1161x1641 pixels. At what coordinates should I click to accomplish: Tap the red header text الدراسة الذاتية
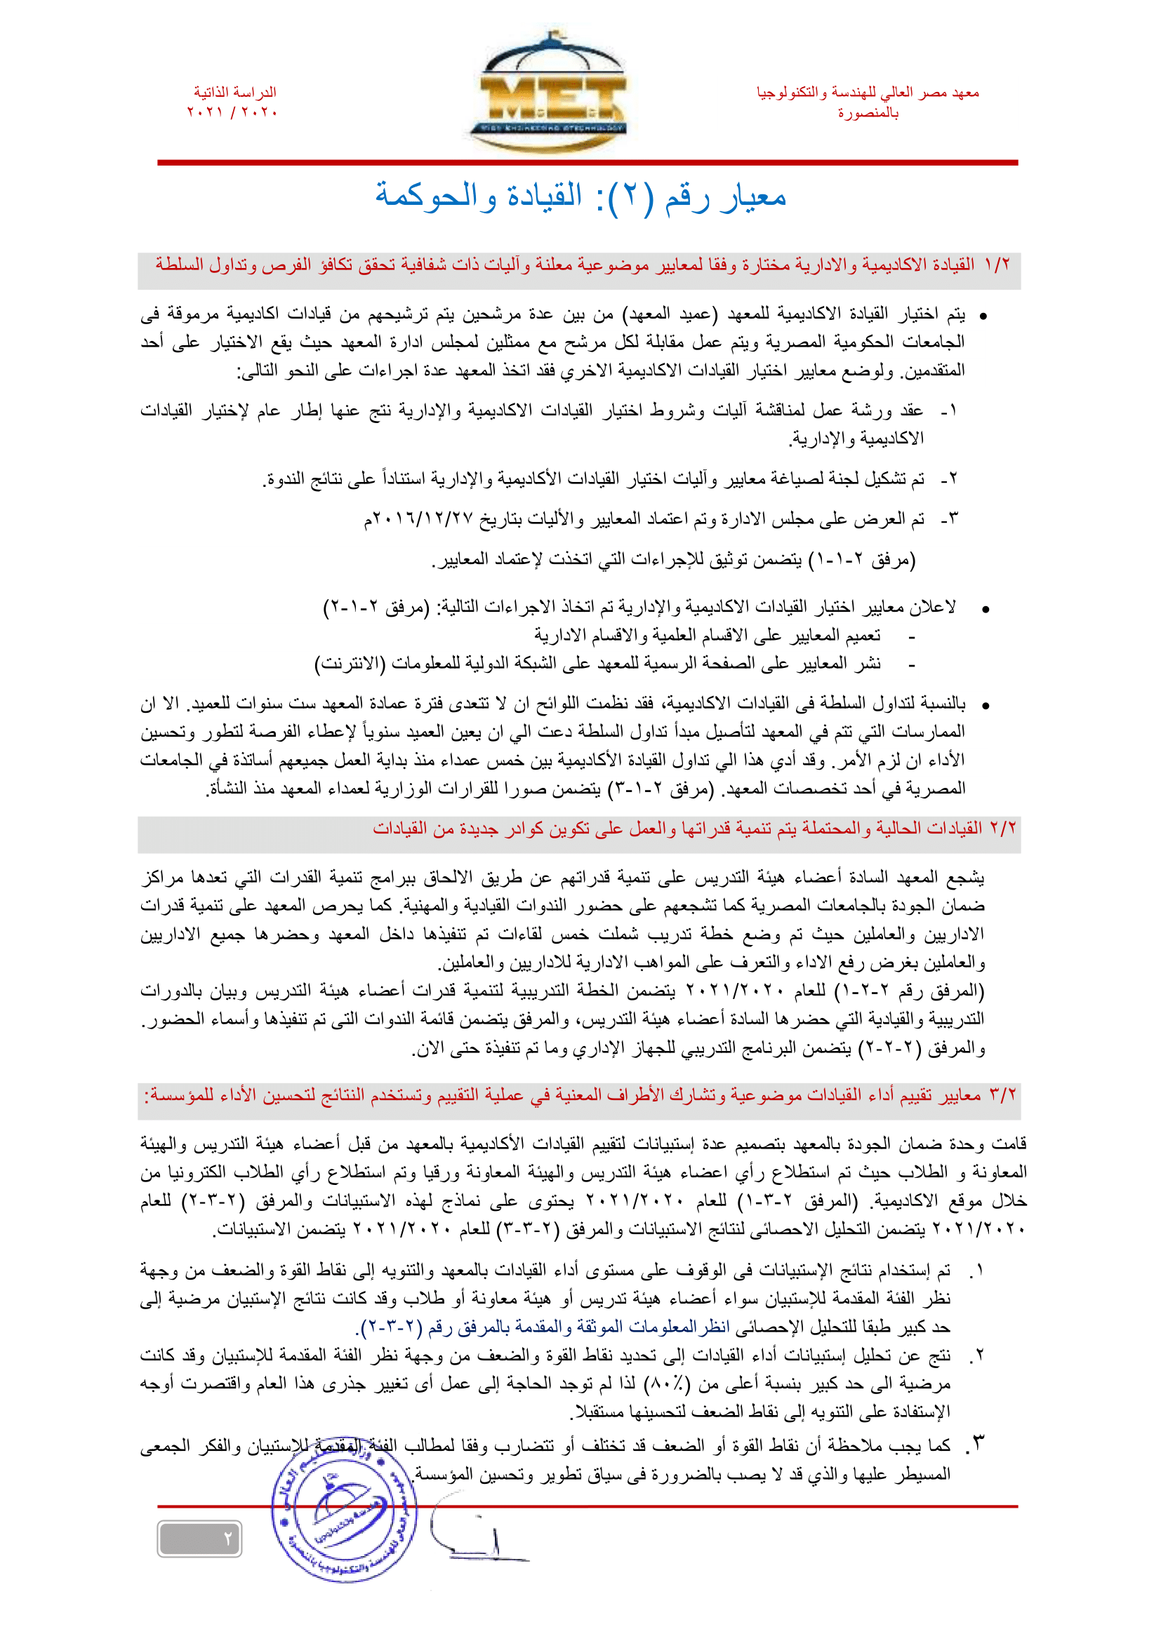pos(234,92)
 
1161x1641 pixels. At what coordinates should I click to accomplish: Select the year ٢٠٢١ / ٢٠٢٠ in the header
pos(232,112)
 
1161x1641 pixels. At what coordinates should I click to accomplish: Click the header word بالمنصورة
pos(868,113)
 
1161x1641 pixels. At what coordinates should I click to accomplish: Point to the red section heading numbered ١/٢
pos(582,265)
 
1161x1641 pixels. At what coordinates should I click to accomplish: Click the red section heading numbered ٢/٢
pos(694,829)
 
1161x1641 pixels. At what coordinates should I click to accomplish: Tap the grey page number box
pos(199,1539)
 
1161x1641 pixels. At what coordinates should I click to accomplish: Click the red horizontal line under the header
pos(587,163)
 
